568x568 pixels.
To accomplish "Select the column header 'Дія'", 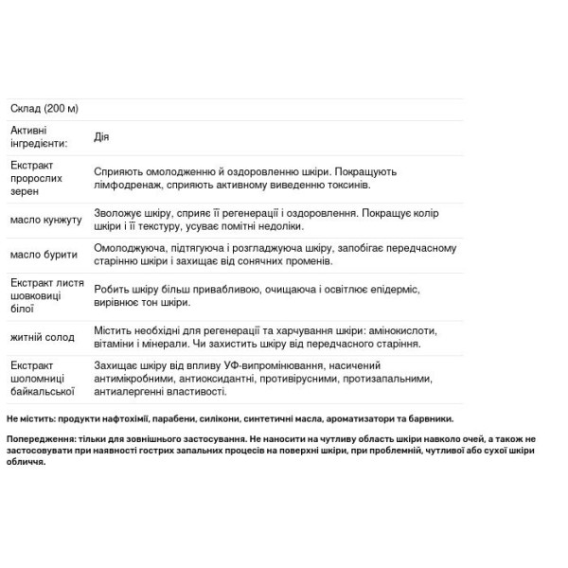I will point(101,136).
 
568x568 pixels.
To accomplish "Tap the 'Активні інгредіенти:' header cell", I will point(38,136).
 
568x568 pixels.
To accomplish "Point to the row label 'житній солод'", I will point(42,338).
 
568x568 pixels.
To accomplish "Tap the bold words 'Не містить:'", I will point(29,417).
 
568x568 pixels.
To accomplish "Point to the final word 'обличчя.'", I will point(26,463).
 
